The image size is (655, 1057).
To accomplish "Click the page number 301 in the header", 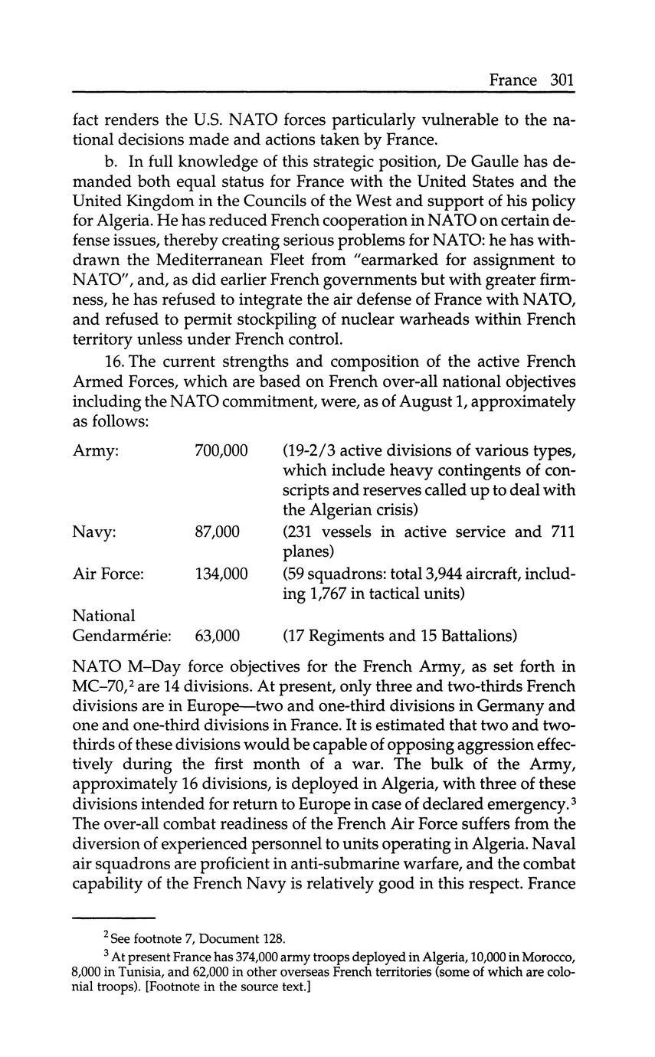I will coord(562,80).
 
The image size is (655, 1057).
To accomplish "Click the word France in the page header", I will coord(513,80).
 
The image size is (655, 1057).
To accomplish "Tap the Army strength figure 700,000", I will coord(221,450).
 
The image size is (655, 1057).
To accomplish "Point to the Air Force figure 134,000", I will coord(221,572).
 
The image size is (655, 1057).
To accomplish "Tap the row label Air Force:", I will coord(108,572).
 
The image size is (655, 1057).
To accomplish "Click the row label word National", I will coord(103,615).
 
